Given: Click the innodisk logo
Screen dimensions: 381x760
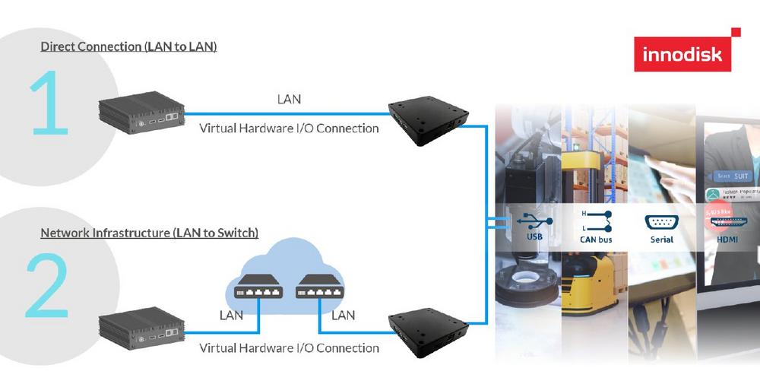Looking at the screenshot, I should tap(682, 54).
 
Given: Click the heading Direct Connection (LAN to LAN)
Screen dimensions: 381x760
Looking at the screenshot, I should tap(128, 47).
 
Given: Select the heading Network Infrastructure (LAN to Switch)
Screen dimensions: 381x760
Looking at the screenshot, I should tap(149, 232).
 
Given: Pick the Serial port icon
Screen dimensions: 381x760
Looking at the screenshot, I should tap(661, 223).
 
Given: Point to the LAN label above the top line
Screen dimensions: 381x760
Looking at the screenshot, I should tap(289, 99).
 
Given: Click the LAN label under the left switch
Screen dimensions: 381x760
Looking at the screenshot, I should tap(231, 315).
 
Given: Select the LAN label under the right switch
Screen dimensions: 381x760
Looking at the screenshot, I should tap(344, 315).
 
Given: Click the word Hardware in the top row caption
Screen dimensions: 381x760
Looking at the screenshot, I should tap(265, 129).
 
